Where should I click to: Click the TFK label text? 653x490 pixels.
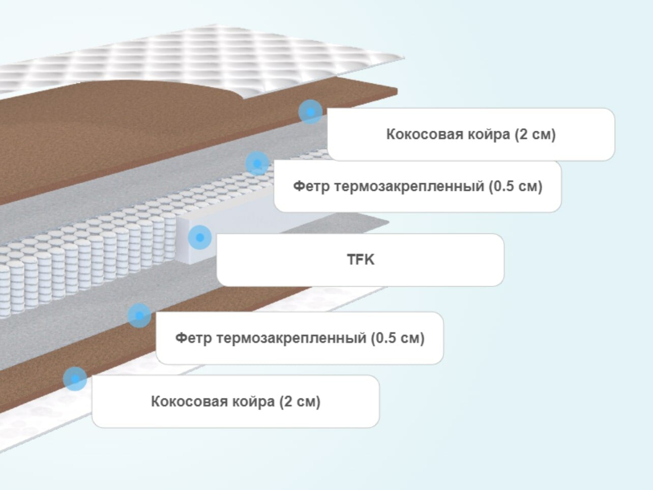pos(361,260)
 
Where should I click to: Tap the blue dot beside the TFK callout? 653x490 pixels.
pos(200,237)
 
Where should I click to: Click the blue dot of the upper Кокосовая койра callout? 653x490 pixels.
pos(310,111)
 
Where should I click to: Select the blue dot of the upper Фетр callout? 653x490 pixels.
pos(257,164)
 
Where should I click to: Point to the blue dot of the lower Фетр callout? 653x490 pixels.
pos(139,315)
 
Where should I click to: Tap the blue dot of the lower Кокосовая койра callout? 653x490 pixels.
pos(75,379)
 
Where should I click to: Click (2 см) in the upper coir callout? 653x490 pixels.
pos(535,134)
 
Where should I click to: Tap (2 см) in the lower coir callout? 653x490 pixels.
pos(300,401)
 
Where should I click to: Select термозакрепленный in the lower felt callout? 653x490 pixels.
pos(284,338)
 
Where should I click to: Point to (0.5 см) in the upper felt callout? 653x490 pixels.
pos(516,186)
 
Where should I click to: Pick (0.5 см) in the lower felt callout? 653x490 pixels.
pos(398,338)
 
